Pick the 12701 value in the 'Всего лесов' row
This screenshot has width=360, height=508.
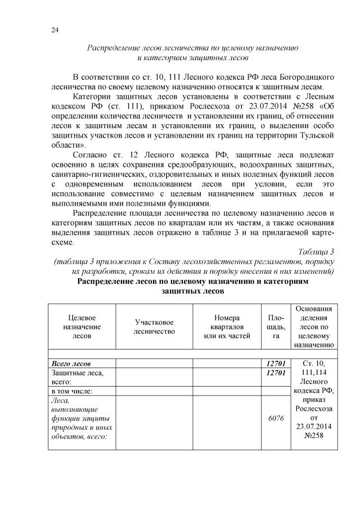click(x=276, y=363)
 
